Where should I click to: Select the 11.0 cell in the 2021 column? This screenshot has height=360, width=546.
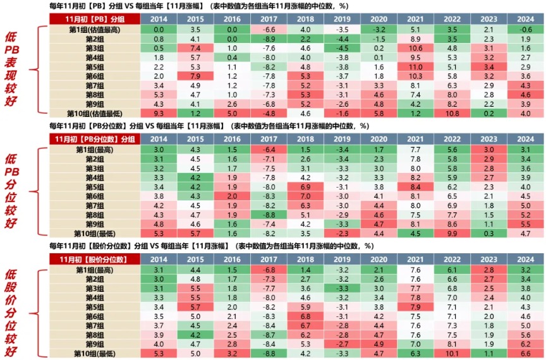(x=415, y=66)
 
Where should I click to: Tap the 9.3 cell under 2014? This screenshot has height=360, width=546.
(x=159, y=114)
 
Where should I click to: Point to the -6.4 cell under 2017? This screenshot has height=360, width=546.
(x=270, y=149)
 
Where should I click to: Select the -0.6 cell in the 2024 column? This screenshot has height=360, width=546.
(x=526, y=30)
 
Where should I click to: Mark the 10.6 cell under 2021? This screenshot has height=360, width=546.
(x=415, y=48)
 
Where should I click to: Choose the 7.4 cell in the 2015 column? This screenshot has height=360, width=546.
(x=196, y=48)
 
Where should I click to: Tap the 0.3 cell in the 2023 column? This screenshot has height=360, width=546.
(x=488, y=233)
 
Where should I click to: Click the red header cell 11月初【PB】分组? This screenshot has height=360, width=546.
(x=95, y=19)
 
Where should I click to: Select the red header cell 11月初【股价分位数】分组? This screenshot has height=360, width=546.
(x=95, y=259)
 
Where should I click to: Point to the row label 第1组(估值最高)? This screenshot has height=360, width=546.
(x=95, y=30)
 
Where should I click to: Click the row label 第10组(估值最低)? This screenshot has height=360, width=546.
(x=95, y=114)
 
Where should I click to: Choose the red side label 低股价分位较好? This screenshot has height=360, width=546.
(x=13, y=309)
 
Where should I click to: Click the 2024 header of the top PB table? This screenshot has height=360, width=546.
(x=526, y=19)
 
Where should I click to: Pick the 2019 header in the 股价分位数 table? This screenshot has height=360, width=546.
(x=343, y=259)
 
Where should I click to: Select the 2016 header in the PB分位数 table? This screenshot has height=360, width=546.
(x=233, y=139)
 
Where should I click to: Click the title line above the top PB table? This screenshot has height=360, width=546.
(x=209, y=6)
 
